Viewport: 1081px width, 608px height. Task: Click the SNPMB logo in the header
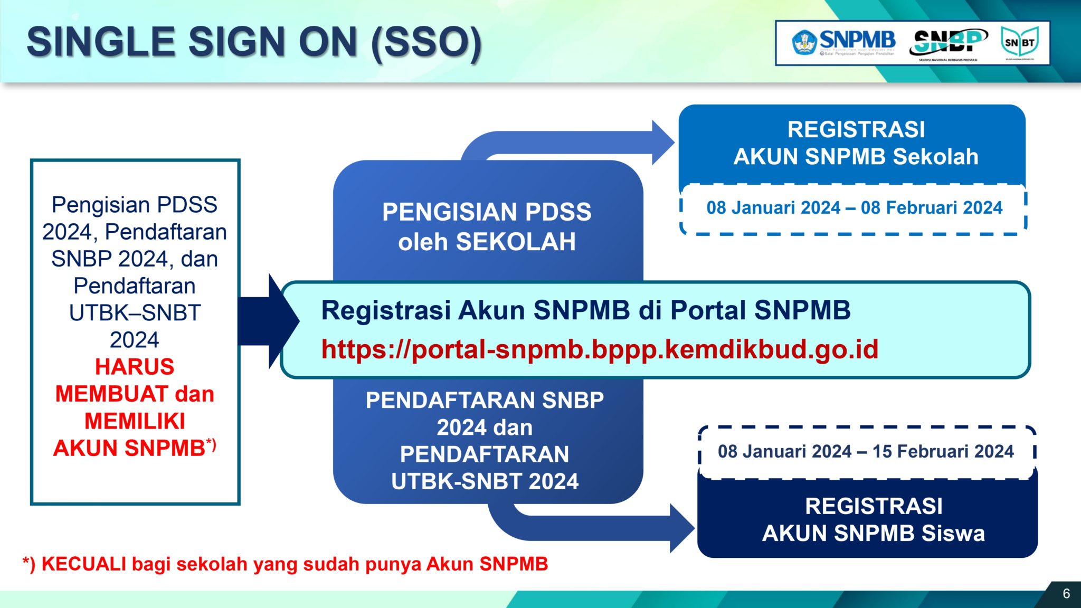coord(843,42)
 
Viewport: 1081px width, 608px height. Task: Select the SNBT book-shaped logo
coord(1019,42)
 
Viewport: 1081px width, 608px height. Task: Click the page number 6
coord(1066,594)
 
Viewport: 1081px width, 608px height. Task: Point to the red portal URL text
coord(600,349)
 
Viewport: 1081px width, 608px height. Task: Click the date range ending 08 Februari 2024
coord(854,208)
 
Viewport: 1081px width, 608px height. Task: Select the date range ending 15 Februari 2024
coord(865,452)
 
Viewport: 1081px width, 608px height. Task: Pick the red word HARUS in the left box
coord(135,367)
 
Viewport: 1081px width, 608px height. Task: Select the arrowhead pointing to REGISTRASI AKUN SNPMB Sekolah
coord(662,142)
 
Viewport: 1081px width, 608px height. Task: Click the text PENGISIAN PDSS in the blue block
coord(486,212)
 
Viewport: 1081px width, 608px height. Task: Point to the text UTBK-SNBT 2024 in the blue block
coord(485,481)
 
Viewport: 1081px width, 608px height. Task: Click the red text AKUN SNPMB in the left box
coord(129,448)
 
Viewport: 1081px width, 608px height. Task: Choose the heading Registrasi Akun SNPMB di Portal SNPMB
coord(585,310)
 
